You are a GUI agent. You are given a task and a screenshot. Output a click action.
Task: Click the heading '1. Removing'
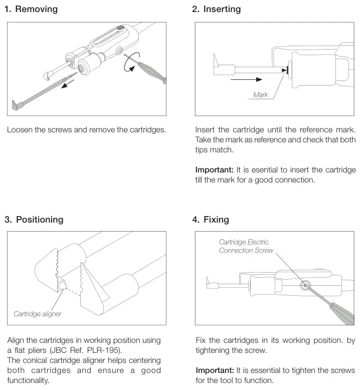[x=31, y=9]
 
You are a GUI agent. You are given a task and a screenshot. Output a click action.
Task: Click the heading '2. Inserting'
[x=216, y=9]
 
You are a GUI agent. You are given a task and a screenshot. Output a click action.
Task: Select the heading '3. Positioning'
[x=34, y=219]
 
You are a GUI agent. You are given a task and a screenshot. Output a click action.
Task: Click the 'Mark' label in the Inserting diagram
[x=260, y=95]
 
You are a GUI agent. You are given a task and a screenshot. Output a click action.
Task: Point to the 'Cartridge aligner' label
[x=37, y=314]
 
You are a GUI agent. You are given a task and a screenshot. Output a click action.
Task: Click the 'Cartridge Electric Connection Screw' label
[x=247, y=246]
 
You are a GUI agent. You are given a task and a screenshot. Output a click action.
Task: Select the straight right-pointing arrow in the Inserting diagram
[x=246, y=79]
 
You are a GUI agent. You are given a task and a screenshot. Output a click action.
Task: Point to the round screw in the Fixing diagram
[x=305, y=284]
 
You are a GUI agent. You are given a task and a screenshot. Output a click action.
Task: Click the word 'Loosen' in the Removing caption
[x=21, y=130]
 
